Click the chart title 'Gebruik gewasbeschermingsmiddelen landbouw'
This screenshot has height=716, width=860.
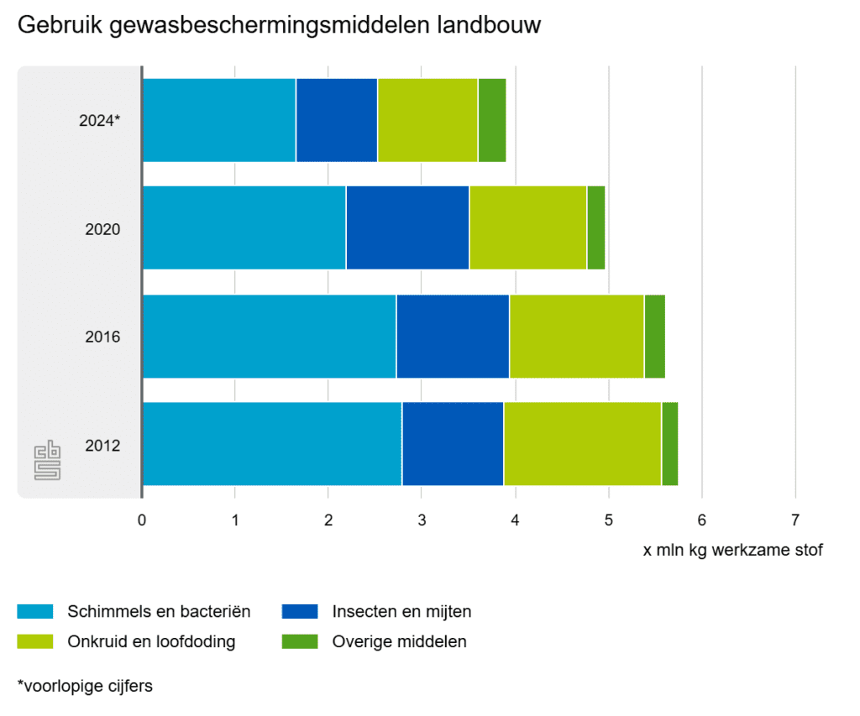(279, 26)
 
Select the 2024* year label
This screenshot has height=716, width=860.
(101, 121)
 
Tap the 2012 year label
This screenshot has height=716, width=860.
(103, 445)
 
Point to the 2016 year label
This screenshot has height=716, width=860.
(103, 337)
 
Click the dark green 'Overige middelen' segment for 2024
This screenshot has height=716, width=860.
(492, 120)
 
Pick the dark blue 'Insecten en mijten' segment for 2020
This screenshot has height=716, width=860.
(407, 227)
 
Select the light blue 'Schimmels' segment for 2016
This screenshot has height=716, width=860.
(270, 336)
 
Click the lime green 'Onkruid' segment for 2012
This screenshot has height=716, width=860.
(582, 444)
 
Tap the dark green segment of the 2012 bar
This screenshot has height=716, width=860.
(669, 444)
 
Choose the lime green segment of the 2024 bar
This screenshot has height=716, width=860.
(427, 120)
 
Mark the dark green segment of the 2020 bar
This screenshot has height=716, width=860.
(595, 227)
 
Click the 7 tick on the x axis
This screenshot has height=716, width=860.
(794, 519)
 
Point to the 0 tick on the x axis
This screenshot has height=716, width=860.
(142, 519)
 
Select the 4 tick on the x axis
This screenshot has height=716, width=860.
(515, 519)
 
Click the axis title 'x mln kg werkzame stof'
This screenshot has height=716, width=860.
(732, 551)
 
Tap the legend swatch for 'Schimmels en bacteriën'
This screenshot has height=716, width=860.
(35, 611)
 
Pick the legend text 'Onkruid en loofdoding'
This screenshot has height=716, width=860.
(151, 642)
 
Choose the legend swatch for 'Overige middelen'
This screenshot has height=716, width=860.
(300, 642)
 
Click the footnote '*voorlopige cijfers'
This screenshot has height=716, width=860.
(85, 686)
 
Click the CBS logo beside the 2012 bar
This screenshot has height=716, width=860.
(47, 460)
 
